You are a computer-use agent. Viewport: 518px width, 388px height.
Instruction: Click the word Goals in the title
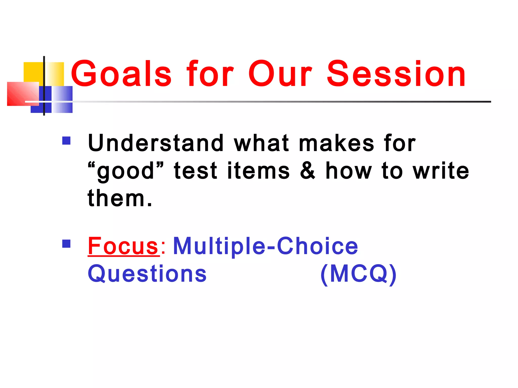tap(121, 74)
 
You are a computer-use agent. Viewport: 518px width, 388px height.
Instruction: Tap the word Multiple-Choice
tap(265, 246)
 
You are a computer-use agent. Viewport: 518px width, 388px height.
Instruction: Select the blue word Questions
tap(147, 274)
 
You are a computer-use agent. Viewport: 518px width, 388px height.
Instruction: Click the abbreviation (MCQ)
tap(358, 274)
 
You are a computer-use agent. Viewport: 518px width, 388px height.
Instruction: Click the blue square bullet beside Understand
tap(66, 140)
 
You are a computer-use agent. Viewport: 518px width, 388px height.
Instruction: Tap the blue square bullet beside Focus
tap(66, 244)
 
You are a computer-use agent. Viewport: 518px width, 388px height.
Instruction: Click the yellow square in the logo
tap(33, 72)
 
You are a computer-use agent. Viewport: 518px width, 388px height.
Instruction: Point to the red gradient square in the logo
tap(23, 94)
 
